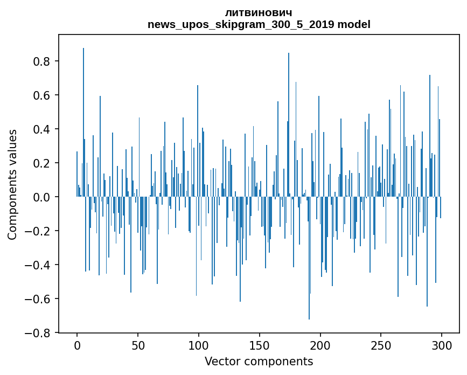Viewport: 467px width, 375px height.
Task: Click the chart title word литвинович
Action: pyautogui.click(x=259, y=12)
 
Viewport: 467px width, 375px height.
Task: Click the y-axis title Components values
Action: pyautogui.click(x=12, y=184)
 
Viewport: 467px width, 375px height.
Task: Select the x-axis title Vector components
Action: pyautogui.click(x=259, y=361)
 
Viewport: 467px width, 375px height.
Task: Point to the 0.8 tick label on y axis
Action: pyautogui.click(x=43, y=61)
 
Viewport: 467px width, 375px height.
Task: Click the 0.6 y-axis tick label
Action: pyautogui.click(x=43, y=95)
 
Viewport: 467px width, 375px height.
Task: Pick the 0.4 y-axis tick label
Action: pyautogui.click(x=43, y=129)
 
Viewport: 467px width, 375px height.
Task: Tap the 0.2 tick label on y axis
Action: pyautogui.click(x=43, y=163)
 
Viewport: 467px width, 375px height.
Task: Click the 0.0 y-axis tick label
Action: pyautogui.click(x=43, y=197)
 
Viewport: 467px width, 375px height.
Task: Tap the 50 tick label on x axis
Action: pyautogui.click(x=138, y=345)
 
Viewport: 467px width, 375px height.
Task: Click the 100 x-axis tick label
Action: pyautogui.click(x=199, y=345)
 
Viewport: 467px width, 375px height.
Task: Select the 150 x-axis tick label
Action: pyautogui.click(x=260, y=345)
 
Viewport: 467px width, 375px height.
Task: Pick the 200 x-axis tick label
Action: pyautogui.click(x=320, y=345)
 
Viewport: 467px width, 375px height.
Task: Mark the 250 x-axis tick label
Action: pyautogui.click(x=381, y=345)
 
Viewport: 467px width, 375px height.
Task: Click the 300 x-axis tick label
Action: pyautogui.click(x=442, y=345)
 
